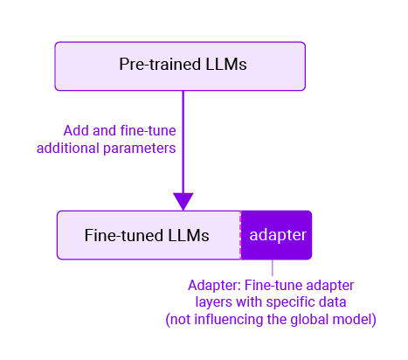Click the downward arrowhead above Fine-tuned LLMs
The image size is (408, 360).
pyautogui.click(x=183, y=200)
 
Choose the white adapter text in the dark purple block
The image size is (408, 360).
pyautogui.click(x=276, y=235)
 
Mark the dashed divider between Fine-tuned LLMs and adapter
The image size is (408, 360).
pyautogui.click(x=240, y=235)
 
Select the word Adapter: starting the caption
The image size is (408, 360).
pyautogui.click(x=215, y=286)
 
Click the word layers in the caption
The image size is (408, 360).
pyautogui.click(x=213, y=303)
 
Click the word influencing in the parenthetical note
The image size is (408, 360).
pyautogui.click(x=232, y=321)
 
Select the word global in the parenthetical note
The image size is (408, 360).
pyautogui.click(x=312, y=321)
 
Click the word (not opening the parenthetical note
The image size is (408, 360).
pyautogui.click(x=180, y=321)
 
